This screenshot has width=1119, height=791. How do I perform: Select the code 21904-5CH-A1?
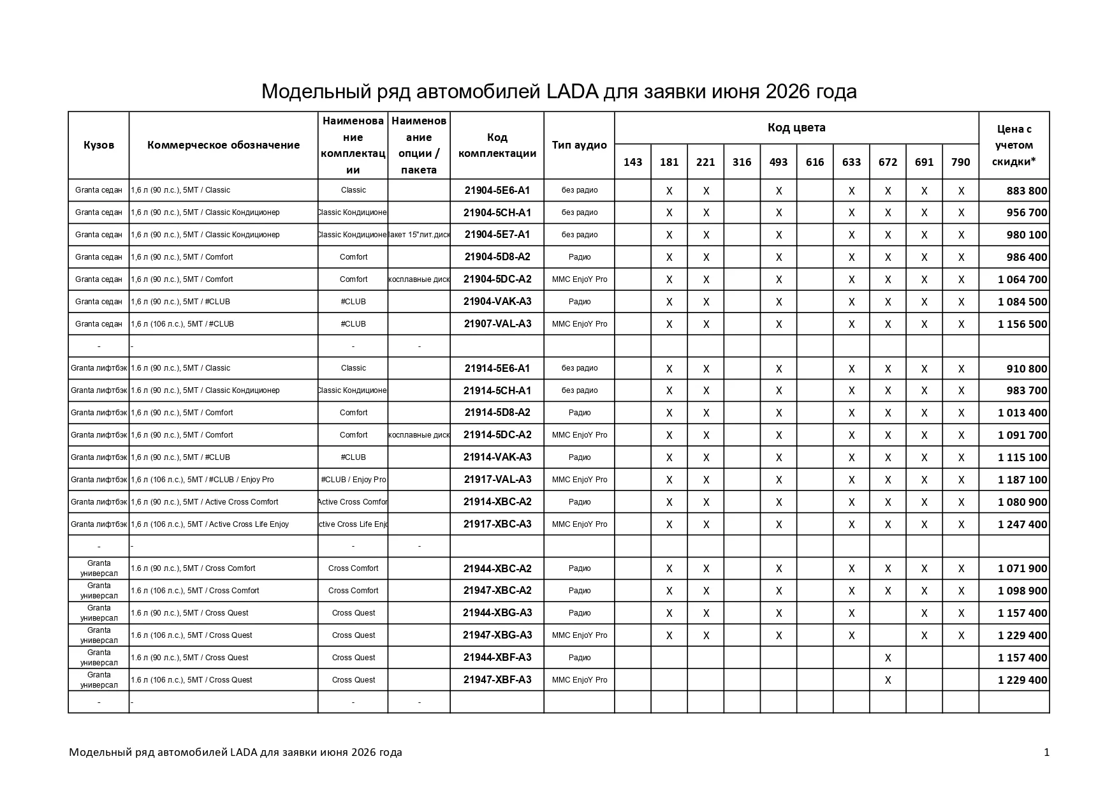pyautogui.click(x=497, y=212)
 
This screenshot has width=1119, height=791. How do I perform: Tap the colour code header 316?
pyautogui.click(x=742, y=162)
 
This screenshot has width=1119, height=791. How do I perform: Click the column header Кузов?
pyautogui.click(x=99, y=145)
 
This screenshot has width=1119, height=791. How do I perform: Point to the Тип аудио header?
pyautogui.click(x=579, y=145)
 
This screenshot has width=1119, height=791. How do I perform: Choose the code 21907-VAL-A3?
pyautogui.click(x=497, y=324)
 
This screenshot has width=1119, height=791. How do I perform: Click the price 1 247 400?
pyautogui.click(x=1022, y=524)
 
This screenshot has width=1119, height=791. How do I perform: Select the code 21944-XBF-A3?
pyautogui.click(x=497, y=658)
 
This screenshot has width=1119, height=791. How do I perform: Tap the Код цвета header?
pyautogui.click(x=796, y=128)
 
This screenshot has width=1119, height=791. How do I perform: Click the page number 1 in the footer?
pyautogui.click(x=1046, y=753)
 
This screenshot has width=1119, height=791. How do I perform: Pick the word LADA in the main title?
pyautogui.click(x=572, y=92)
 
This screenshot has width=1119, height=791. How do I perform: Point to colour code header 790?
pyautogui.click(x=960, y=162)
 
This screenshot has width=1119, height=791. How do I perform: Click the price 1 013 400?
pyautogui.click(x=1022, y=413)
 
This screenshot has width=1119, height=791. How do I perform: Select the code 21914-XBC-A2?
pyautogui.click(x=497, y=502)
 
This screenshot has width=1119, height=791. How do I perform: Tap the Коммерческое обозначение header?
pyautogui.click(x=223, y=145)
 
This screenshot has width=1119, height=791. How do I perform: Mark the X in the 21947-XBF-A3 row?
pyautogui.click(x=888, y=680)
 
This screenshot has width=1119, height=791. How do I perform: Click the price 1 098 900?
pyautogui.click(x=1022, y=591)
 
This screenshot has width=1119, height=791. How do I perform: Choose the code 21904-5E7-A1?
pyautogui.click(x=497, y=235)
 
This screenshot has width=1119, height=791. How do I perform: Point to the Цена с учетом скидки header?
pyautogui.click(x=1014, y=145)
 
